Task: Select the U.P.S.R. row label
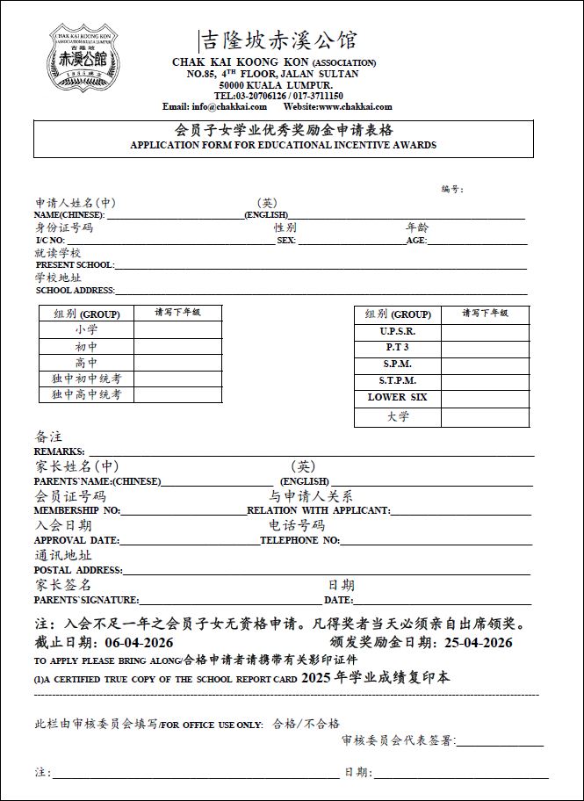(398, 332)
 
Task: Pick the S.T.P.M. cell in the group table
(398, 381)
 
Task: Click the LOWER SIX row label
(398, 397)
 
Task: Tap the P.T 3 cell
(398, 348)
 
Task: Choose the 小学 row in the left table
(86, 330)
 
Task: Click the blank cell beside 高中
(177, 363)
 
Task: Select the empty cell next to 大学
(486, 417)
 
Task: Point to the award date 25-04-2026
(477, 643)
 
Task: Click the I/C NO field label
(50, 240)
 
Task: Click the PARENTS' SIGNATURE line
(230, 600)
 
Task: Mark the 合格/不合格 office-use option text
(306, 725)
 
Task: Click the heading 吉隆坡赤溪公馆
(279, 40)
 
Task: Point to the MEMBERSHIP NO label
(77, 510)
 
